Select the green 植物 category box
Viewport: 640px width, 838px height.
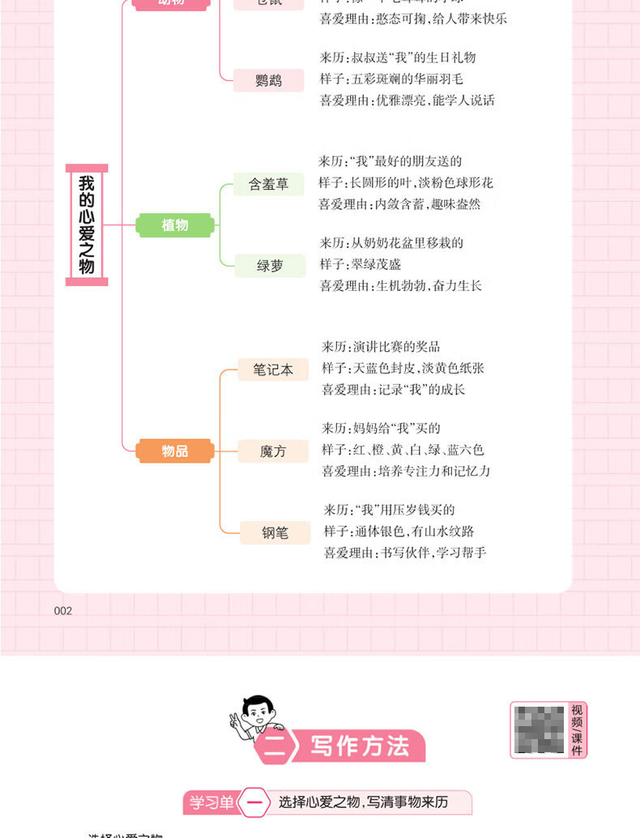(175, 225)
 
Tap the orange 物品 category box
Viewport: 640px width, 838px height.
(175, 451)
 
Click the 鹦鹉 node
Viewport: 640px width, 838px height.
(269, 79)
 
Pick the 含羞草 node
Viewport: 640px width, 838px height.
(268, 184)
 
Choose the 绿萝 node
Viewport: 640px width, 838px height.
(270, 265)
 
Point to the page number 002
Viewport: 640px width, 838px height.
(63, 611)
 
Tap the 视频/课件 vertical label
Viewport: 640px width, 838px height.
(577, 729)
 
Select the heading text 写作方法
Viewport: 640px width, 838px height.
(360, 746)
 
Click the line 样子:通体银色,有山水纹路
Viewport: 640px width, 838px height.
(399, 532)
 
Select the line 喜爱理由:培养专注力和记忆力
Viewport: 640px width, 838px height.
(406, 471)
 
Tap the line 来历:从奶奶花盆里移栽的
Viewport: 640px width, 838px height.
(391, 242)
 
